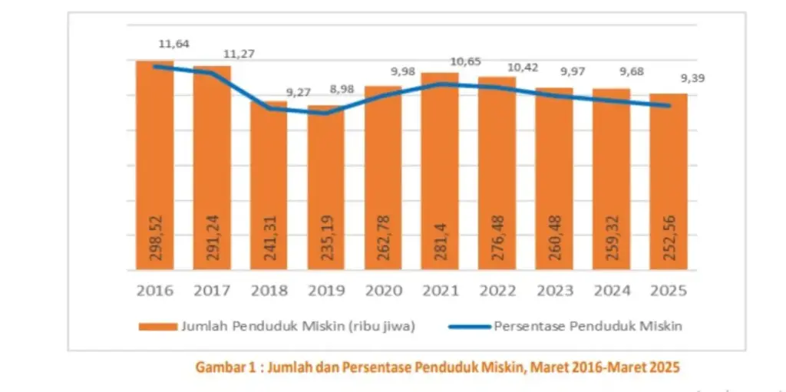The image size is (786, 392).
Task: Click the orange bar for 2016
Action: pyautogui.click(x=155, y=165)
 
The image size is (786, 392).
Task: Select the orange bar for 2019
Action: pyautogui.click(x=326, y=188)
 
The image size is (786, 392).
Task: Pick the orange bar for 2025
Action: pyautogui.click(x=668, y=182)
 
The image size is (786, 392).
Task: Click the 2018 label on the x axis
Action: pyautogui.click(x=269, y=292)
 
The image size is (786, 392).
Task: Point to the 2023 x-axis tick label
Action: pyautogui.click(x=553, y=292)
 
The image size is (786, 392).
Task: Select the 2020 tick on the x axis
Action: pyautogui.click(x=383, y=292)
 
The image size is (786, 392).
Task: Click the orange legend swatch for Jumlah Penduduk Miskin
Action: pyautogui.click(x=158, y=326)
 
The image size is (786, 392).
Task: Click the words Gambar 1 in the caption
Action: pyautogui.click(x=223, y=367)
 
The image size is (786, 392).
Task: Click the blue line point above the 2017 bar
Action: pyautogui.click(x=212, y=73)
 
